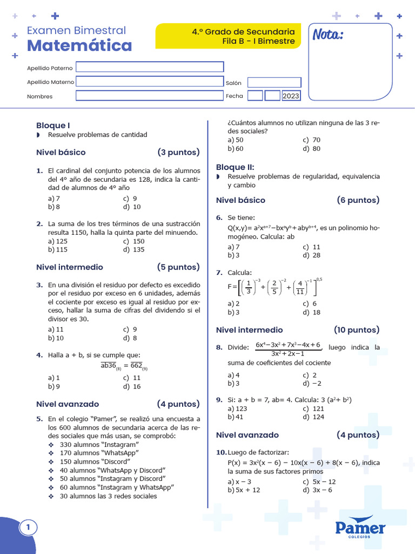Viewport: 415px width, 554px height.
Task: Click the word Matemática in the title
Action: [x=79, y=45]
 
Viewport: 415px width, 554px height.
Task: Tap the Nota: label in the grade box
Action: [x=327, y=35]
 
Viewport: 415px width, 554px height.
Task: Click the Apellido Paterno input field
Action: [x=150, y=67]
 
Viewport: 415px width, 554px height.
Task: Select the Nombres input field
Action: [x=150, y=96]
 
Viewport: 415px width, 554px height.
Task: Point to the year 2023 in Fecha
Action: [x=291, y=96]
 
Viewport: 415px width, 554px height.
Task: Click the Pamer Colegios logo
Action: [x=360, y=528]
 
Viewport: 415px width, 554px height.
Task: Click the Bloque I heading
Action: [x=53, y=125]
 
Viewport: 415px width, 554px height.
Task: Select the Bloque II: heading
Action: [x=235, y=167]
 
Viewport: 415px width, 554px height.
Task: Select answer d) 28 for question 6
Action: [x=312, y=255]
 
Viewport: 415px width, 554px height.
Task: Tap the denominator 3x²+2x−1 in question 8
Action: [x=287, y=353]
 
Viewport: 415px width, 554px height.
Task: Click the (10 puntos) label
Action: [x=356, y=329]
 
